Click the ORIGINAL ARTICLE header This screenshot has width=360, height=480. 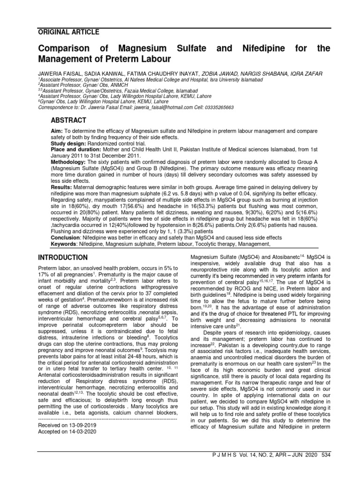point(68,32)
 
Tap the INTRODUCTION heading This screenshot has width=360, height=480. point(62,257)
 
